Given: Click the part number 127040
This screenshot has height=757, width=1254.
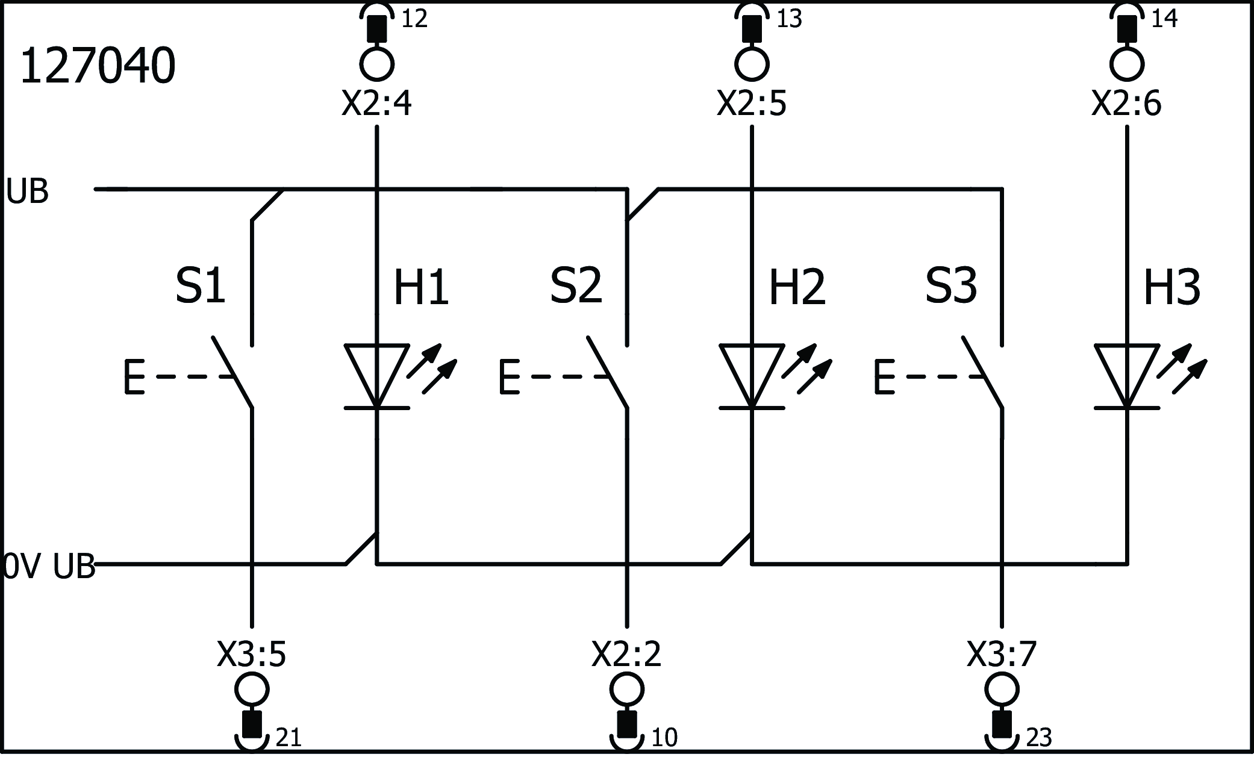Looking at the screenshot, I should pyautogui.click(x=98, y=66).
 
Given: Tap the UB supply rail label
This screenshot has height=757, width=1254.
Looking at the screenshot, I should pyautogui.click(x=27, y=192).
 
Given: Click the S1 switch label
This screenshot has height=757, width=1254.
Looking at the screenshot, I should pyautogui.click(x=200, y=286).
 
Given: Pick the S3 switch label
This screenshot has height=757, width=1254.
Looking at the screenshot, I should pyautogui.click(x=950, y=286).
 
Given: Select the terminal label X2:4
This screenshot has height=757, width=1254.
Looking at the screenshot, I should pyautogui.click(x=377, y=104).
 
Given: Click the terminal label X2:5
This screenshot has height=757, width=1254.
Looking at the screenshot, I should pyautogui.click(x=752, y=104).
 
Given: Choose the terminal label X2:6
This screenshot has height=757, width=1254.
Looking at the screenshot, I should pyautogui.click(x=1126, y=104).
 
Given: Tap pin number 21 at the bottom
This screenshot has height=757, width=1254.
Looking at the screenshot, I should pyautogui.click(x=288, y=738).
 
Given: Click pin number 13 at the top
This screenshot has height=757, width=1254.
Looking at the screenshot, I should pyautogui.click(x=789, y=19).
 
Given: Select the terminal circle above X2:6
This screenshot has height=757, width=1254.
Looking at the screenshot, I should pyautogui.click(x=1127, y=63).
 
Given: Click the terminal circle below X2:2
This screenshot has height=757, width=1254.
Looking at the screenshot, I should pyautogui.click(x=626, y=689).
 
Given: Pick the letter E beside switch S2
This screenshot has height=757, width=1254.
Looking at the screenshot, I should pyautogui.click(x=509, y=377).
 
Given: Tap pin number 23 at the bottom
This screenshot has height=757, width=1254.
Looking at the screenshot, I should pyautogui.click(x=1038, y=738).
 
